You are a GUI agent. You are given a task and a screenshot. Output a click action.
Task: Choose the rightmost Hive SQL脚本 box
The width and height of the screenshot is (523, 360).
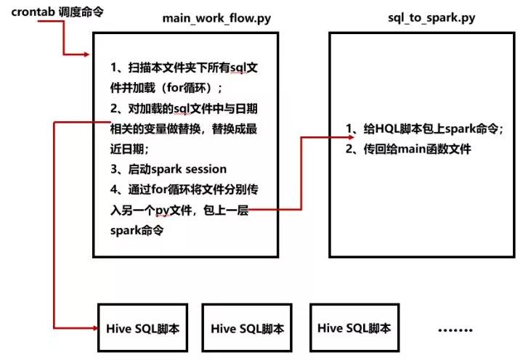coord(354,328)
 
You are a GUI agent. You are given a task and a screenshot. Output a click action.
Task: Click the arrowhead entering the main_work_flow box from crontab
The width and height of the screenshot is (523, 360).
coord(88,55)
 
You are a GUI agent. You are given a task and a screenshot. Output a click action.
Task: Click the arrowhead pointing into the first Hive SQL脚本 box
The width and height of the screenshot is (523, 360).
coord(93,328)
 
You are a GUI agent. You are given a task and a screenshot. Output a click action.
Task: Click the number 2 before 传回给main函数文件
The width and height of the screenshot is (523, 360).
coord(351,150)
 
